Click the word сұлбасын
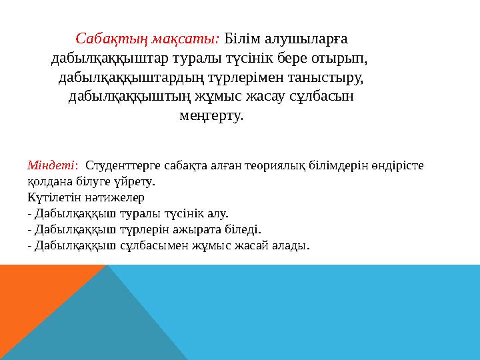(321, 97)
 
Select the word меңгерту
(211, 117)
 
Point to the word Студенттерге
(119, 165)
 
